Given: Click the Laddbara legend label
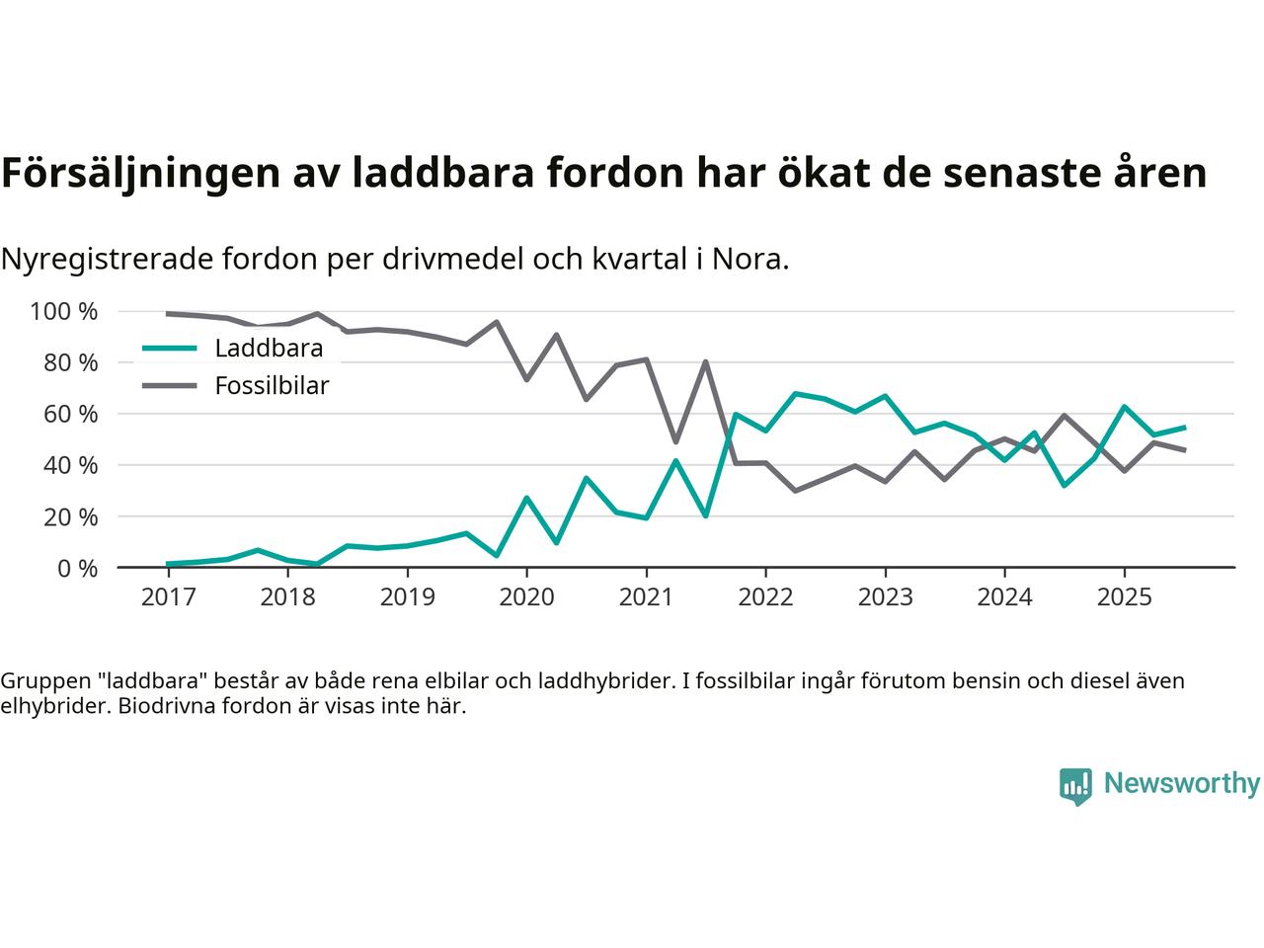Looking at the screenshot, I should (x=269, y=349).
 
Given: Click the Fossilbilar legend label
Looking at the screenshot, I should (x=272, y=386).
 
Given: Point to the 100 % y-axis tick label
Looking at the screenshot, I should (x=64, y=312).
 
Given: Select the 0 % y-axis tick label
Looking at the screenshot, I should (x=75, y=569).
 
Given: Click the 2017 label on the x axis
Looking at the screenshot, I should (x=168, y=597).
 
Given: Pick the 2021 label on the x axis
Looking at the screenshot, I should (x=646, y=597).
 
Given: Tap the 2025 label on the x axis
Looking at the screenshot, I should (x=1124, y=597).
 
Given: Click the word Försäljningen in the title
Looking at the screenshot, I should (x=137, y=173).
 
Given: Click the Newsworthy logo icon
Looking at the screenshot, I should (x=1075, y=786).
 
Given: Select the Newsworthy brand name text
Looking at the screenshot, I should (x=1181, y=784).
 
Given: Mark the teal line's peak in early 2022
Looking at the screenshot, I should (x=795, y=393).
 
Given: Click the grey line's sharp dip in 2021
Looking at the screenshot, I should (x=675, y=441).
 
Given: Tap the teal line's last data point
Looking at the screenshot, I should (x=1184, y=428).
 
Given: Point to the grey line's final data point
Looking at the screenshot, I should (x=1184, y=450).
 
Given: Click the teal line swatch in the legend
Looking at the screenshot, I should (x=169, y=349).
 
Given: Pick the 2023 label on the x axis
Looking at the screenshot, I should (x=885, y=597).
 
